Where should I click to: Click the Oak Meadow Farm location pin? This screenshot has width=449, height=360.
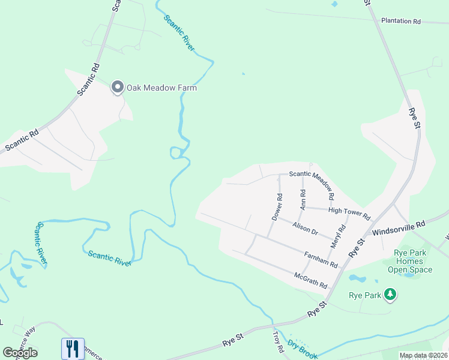pos(118,88)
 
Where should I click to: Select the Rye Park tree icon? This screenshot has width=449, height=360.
pos(390,295)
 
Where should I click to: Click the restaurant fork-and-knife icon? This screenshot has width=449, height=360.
pos(73,348)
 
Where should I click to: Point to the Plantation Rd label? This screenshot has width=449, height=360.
pos(400,21)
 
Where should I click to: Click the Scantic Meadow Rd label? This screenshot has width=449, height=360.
pos(311,175)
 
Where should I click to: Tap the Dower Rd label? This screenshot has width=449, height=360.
pos(277,206)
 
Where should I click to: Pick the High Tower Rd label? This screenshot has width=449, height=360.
pos(349,212)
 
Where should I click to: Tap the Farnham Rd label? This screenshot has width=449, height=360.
pos(321,260)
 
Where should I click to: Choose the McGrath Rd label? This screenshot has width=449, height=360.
pos(310,279)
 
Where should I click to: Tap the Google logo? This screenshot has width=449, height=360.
pos(20,352)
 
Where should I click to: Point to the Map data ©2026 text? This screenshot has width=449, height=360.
pos(423,355)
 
